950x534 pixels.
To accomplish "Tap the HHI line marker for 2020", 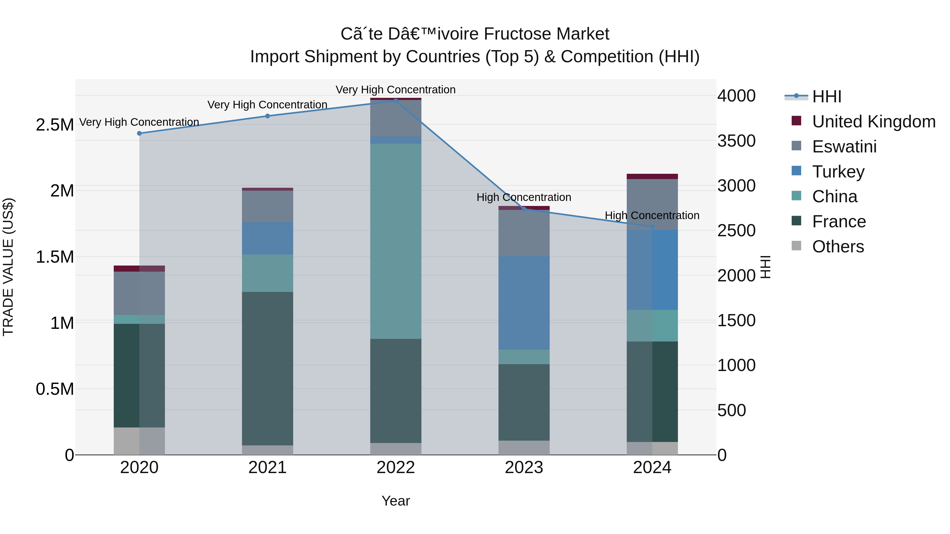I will [139, 133].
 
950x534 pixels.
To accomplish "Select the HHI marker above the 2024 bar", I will [652, 227].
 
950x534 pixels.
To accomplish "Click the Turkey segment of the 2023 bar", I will [524, 303].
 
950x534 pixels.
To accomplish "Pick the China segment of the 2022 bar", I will [396, 241].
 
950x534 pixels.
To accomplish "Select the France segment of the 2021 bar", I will [267, 369].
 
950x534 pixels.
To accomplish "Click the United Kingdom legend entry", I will [873, 122].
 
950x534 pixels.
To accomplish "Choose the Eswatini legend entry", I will [844, 147].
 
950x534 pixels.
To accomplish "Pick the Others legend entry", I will [838, 247].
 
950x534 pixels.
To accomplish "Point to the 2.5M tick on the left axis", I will [55, 125].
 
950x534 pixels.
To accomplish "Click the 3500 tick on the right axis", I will [736, 141].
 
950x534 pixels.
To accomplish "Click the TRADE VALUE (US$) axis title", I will [8, 267].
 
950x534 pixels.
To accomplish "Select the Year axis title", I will [396, 501].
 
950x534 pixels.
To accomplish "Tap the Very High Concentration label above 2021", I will [267, 105].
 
